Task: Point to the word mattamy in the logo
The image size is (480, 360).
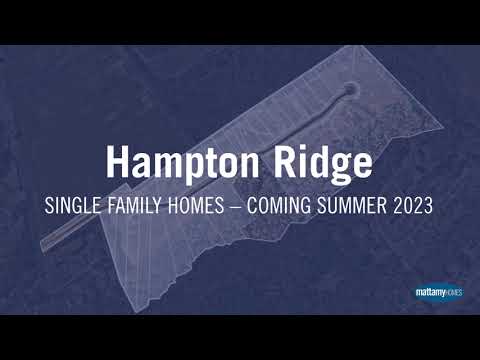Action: tap(427, 293)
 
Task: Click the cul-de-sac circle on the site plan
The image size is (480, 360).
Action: tap(349, 91)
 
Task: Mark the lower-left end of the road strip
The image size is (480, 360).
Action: tap(45, 242)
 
